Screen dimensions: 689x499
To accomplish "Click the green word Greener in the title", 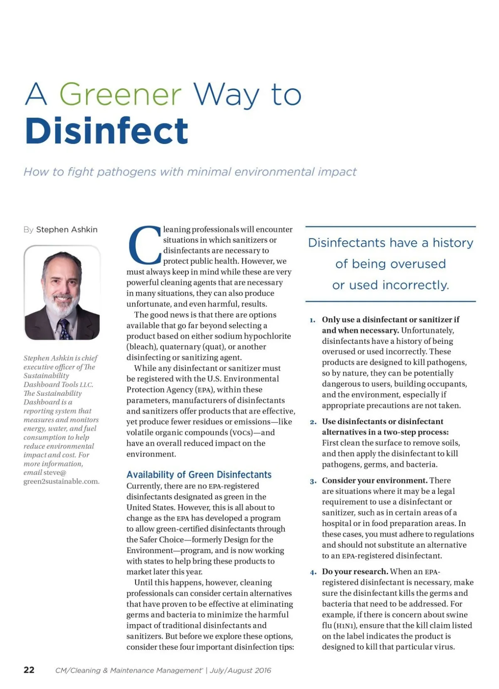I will [x=121, y=94].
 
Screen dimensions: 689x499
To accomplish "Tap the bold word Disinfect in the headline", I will [x=106, y=131].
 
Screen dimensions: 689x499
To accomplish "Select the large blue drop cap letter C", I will [x=144, y=245].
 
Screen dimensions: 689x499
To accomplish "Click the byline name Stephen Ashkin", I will [x=67, y=230].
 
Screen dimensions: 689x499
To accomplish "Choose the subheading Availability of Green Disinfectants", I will [x=199, y=474].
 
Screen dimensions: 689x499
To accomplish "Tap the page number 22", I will [x=29, y=669].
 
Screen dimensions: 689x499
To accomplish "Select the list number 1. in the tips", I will [x=312, y=320].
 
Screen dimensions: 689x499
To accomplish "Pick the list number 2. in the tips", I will [x=313, y=422].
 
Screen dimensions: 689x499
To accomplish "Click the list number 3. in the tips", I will [x=313, y=481].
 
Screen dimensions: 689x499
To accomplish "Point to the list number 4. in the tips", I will [x=313, y=572].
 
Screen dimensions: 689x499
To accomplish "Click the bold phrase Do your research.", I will [x=355, y=571].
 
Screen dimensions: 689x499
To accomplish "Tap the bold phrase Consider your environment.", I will [x=374, y=480].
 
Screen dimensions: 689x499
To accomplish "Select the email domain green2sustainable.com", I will [x=61, y=482].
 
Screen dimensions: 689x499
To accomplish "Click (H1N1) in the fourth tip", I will [x=345, y=625].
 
